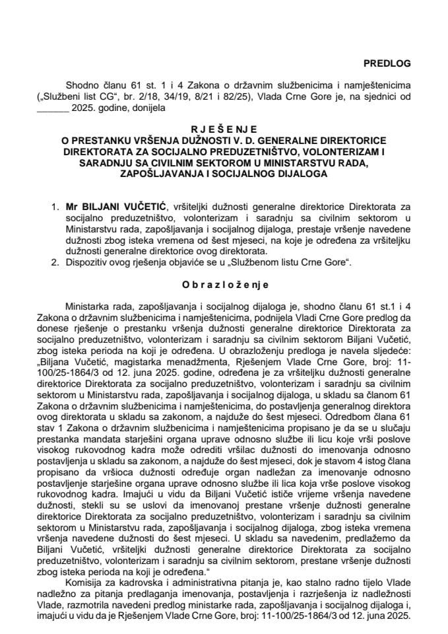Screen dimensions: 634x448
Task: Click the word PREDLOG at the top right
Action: pos(387,63)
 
